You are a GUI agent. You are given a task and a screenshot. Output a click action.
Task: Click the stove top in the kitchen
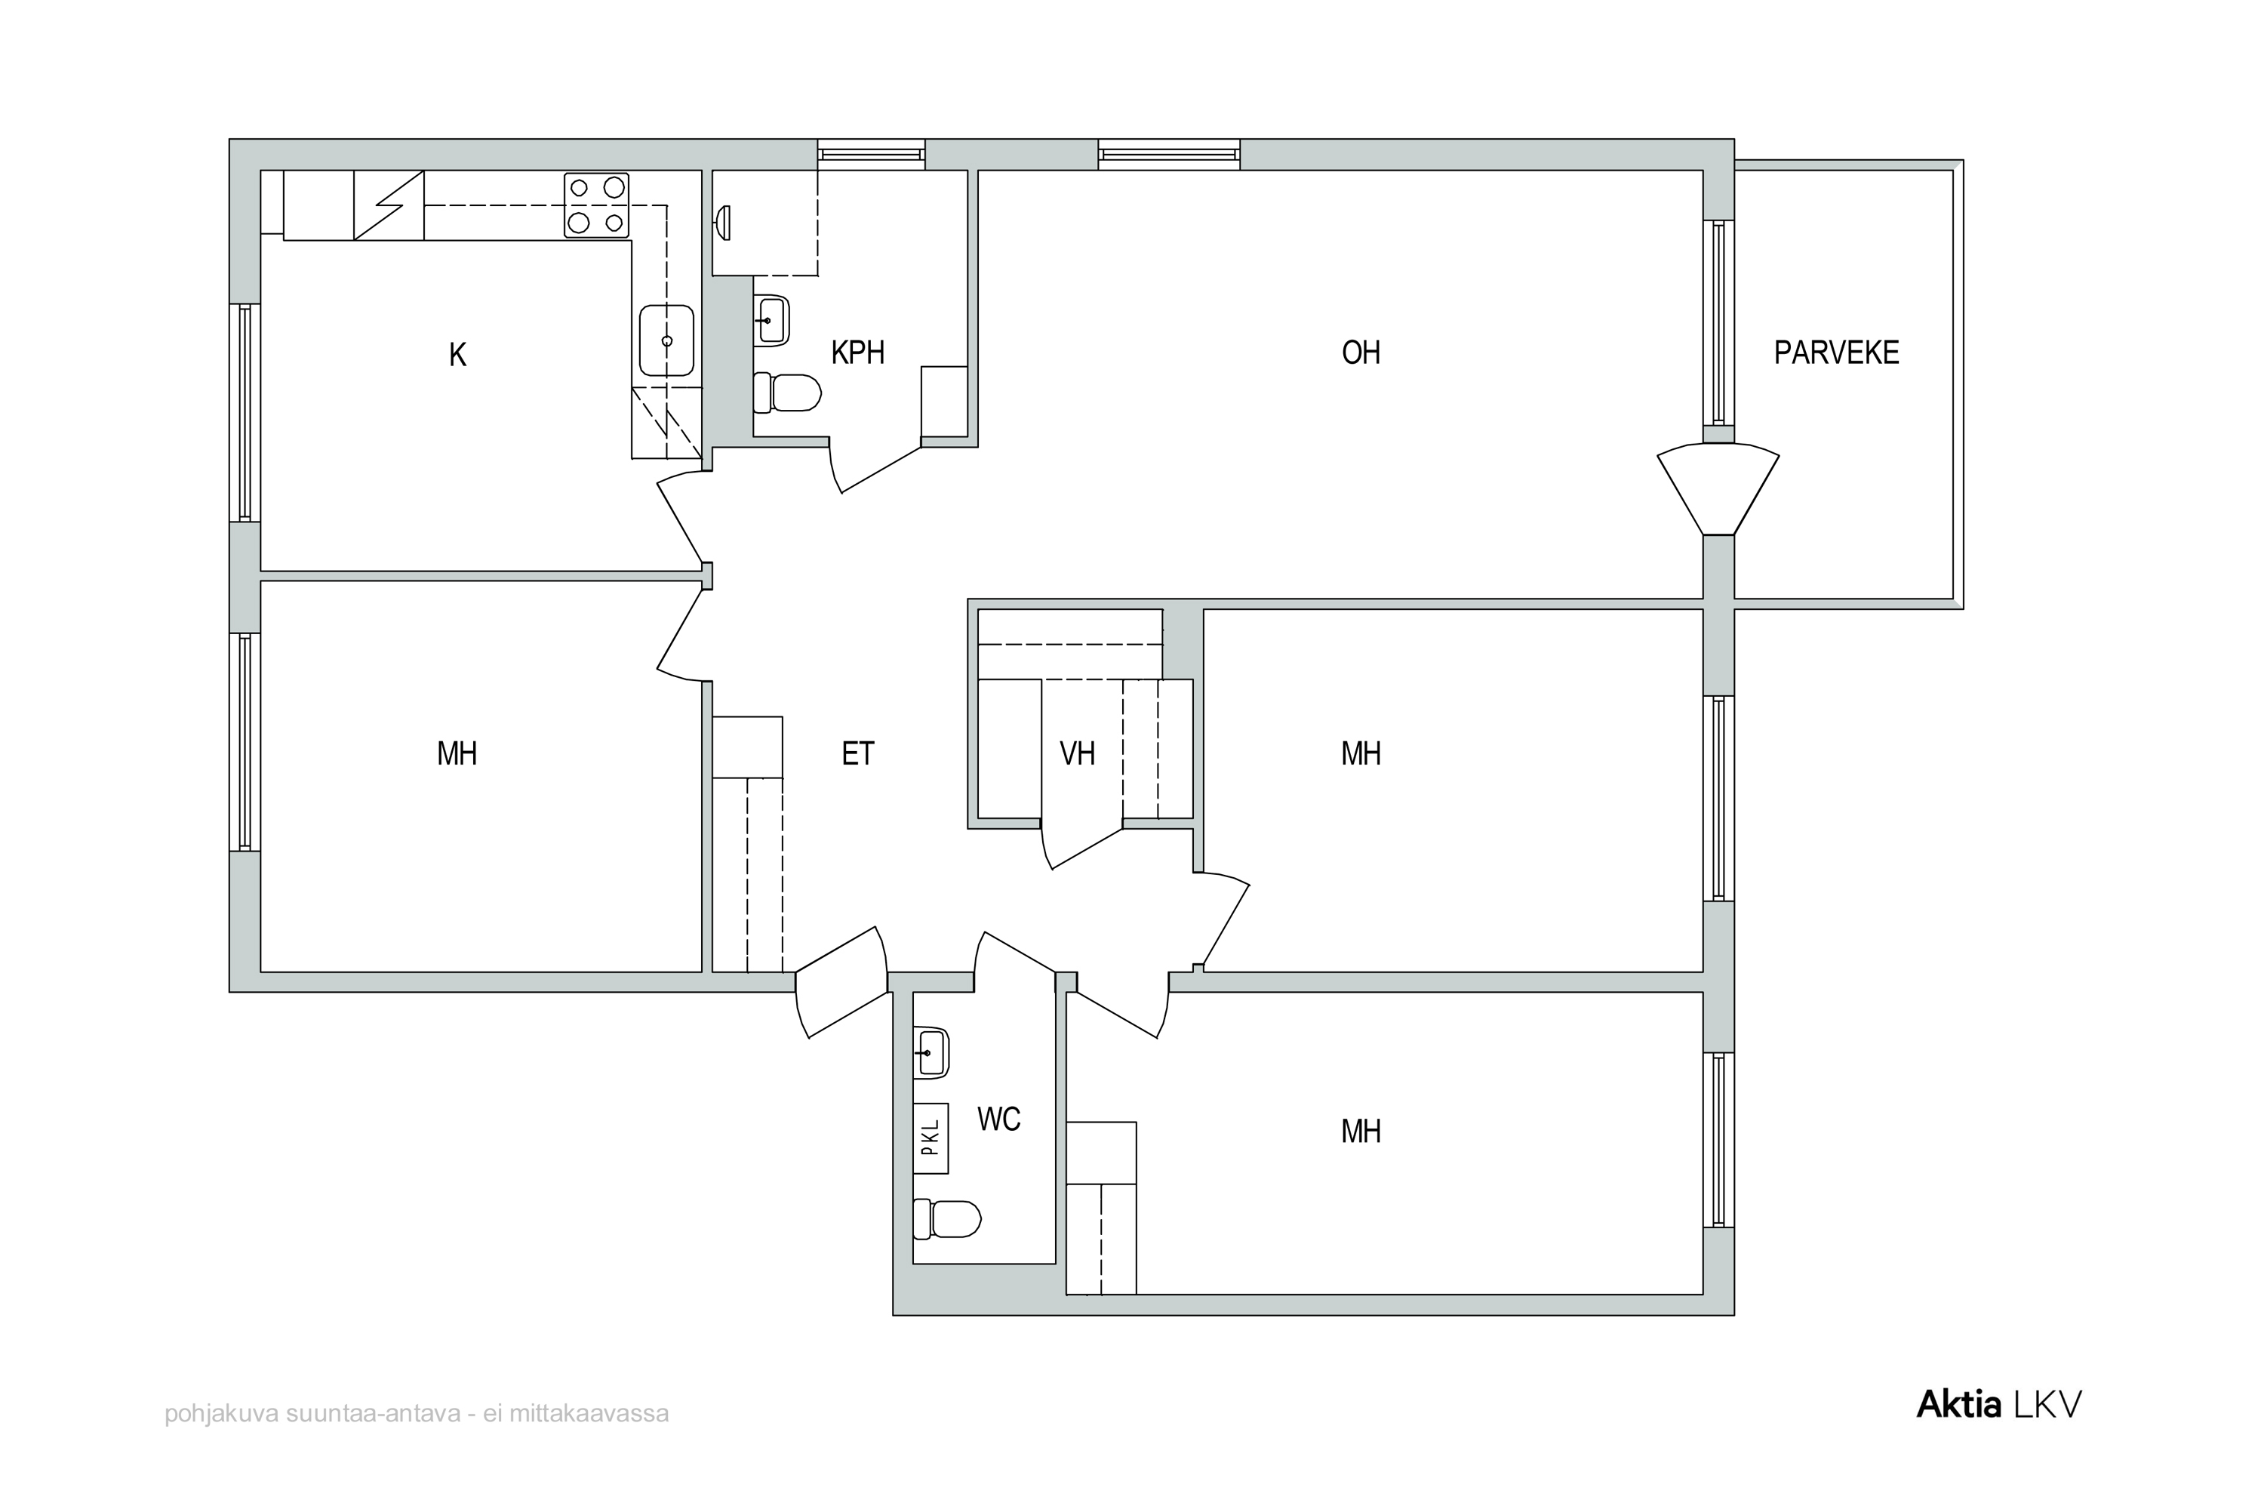pos(596,205)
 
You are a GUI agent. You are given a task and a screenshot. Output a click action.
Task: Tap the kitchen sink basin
pos(666,340)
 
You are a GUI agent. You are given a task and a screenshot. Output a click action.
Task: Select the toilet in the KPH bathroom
pos(787,392)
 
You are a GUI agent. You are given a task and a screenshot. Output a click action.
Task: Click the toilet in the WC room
pos(946,1219)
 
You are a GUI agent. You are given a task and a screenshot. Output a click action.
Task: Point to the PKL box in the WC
pos(931,1138)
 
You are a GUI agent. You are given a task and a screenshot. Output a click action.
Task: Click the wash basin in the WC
pos(931,1052)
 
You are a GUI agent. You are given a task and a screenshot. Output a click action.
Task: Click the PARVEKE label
pos(1836,353)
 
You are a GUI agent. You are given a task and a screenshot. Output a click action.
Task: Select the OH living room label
pos(1361,353)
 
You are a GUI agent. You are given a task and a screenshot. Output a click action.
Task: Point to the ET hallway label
pos(857,754)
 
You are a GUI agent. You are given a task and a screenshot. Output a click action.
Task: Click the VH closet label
pos(1077,754)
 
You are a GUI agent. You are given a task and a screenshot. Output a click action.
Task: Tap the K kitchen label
pos(458,356)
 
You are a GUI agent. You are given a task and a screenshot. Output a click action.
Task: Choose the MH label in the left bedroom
pos(457,754)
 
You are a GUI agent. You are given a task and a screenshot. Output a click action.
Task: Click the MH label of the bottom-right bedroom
pos(1361,1132)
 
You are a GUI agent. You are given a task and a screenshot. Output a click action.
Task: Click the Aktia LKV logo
pos(1999,1404)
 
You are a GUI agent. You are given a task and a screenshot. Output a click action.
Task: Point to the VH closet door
pos(1082,845)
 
